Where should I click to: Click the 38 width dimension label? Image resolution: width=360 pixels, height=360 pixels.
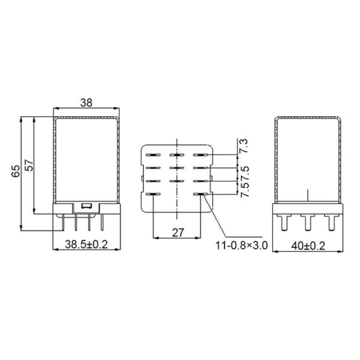coord(86,103)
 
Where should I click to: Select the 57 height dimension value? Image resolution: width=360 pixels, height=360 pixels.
coord(28,166)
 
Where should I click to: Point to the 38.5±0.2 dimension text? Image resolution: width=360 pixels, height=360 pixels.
coord(86,245)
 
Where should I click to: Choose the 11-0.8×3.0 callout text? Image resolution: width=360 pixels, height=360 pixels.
coord(240,245)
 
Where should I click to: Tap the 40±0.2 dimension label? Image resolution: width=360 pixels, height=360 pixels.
coord(308,245)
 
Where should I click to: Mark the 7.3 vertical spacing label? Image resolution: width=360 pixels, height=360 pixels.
coord(244,146)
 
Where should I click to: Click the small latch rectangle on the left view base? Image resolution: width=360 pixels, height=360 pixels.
coord(86,206)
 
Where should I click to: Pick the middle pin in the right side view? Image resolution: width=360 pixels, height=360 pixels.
coord(308,223)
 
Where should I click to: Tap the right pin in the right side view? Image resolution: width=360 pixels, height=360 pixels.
coord(329,223)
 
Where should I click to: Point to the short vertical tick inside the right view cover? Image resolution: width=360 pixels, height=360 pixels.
coord(308,196)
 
